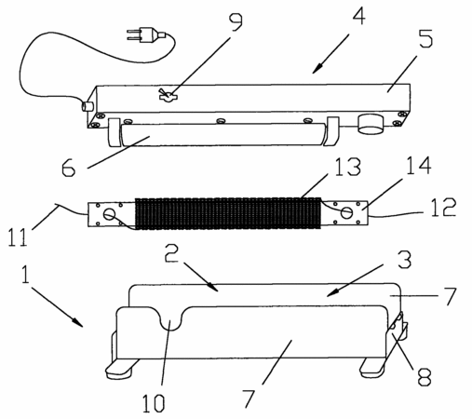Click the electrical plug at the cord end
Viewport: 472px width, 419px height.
pos(146,34)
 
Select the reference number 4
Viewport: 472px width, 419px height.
pos(358,15)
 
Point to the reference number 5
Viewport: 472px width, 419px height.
pos(425,38)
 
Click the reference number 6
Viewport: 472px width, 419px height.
pos(68,168)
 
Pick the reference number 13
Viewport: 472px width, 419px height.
pos(348,167)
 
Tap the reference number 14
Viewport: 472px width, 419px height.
pos(419,165)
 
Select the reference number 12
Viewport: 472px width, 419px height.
pos(444,207)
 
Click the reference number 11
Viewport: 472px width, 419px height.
pos(18,237)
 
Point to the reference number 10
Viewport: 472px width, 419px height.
pos(153,403)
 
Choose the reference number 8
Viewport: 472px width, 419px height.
pos(425,376)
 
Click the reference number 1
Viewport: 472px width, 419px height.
pos(25,274)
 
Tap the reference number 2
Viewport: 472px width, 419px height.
pos(172,252)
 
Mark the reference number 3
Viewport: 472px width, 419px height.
pos(404,260)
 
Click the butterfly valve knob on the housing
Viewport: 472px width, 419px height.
pos(168,96)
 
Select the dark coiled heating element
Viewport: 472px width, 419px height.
pos(228,213)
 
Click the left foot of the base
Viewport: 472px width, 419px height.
pos(119,369)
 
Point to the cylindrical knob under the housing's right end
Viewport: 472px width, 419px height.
pos(371,124)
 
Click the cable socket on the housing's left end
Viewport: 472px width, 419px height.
pos(88,106)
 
